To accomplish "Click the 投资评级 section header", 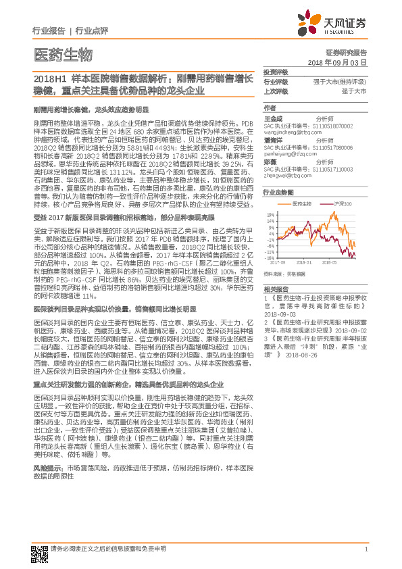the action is click(x=275, y=72).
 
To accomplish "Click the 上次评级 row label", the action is click(x=275, y=90).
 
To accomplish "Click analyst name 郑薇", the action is click(x=270, y=162).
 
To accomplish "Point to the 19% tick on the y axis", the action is click(x=270, y=215).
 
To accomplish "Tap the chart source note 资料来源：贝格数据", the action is click(x=280, y=274).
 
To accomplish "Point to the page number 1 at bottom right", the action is click(x=366, y=549).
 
